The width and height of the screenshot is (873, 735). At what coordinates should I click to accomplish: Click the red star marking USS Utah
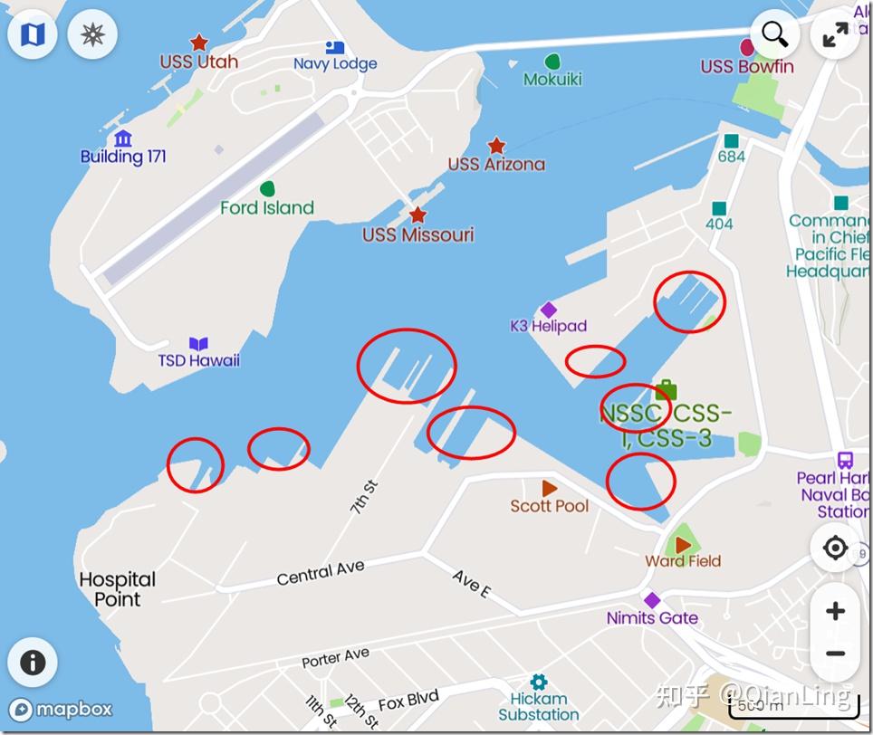pyautogui.click(x=198, y=43)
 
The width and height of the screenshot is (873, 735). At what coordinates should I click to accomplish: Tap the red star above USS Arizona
pyautogui.click(x=496, y=146)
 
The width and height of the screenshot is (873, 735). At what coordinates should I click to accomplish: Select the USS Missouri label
pyautogui.click(x=417, y=234)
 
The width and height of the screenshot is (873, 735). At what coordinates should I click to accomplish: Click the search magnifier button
pyautogui.click(x=774, y=34)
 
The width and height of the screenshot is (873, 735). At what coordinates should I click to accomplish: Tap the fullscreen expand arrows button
pyautogui.click(x=835, y=34)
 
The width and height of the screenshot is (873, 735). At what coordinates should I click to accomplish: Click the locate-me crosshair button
pyautogui.click(x=835, y=549)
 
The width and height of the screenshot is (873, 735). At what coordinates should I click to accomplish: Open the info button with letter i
pyautogui.click(x=33, y=662)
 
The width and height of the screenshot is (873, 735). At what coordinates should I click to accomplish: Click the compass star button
pyautogui.click(x=92, y=34)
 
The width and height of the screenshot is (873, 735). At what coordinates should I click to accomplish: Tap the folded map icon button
pyautogui.click(x=33, y=34)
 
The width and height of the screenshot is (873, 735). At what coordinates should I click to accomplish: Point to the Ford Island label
pyautogui.click(x=267, y=207)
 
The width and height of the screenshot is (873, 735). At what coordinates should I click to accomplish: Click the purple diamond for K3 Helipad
pyautogui.click(x=548, y=310)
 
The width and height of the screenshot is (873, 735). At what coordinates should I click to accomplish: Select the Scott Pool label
pyautogui.click(x=549, y=506)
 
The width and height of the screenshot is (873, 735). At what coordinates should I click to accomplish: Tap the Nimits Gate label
pyautogui.click(x=652, y=618)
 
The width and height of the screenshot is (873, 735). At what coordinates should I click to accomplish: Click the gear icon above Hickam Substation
pyautogui.click(x=539, y=682)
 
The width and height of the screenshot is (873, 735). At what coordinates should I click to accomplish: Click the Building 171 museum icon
pyautogui.click(x=123, y=138)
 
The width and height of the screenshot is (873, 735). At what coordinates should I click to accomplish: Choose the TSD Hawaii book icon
pyautogui.click(x=198, y=344)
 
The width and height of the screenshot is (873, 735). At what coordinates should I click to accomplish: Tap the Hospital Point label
pyautogui.click(x=118, y=588)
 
